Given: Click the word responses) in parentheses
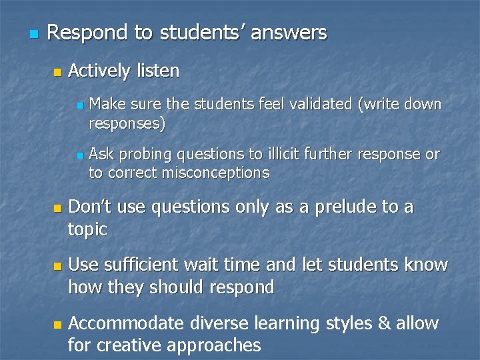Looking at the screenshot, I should (x=127, y=123).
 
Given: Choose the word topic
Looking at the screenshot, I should (x=87, y=230).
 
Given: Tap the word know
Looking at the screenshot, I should (x=426, y=265).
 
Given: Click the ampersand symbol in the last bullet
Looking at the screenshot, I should (x=384, y=323).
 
